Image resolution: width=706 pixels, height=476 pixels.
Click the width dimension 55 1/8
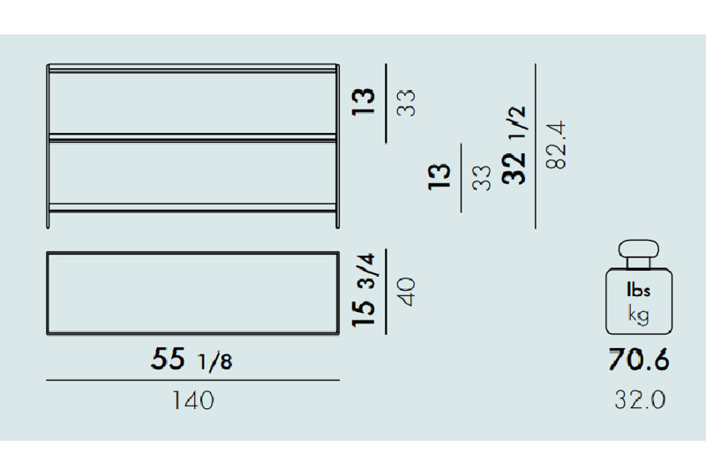[192, 359]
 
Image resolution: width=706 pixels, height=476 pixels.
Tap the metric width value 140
[193, 400]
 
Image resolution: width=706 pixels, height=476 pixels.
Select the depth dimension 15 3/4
[364, 290]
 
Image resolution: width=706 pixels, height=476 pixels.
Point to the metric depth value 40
[407, 292]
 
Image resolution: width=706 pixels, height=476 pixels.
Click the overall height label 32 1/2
[514, 145]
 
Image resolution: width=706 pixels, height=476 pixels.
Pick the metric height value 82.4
[556, 145]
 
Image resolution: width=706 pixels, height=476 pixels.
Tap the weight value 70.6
[639, 360]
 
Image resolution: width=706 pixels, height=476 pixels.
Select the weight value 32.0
[640, 399]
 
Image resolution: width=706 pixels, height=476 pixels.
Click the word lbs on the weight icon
[638, 290]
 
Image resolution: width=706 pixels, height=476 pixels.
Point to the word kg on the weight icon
[638, 315]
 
